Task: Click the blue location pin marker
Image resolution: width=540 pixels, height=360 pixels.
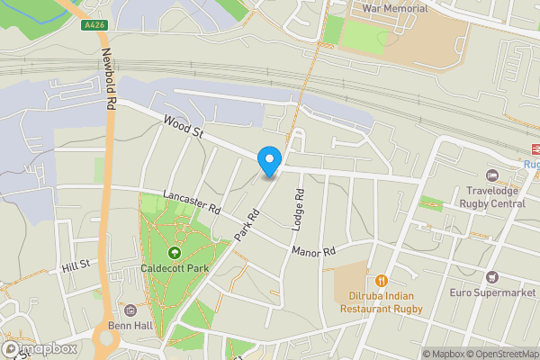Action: pyautogui.click(x=268, y=161)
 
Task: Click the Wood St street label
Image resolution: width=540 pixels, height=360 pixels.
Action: pyautogui.click(x=183, y=126)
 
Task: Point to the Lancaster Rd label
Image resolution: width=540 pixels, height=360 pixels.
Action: pyautogui.click(x=192, y=202)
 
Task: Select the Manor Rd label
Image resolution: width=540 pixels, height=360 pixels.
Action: pyautogui.click(x=312, y=250)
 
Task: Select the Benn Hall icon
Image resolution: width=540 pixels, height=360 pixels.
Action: pyautogui.click(x=132, y=310)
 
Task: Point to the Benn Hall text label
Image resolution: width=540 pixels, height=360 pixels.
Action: pyautogui.click(x=132, y=326)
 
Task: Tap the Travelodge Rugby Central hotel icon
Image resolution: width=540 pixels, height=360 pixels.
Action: pyautogui.click(x=491, y=175)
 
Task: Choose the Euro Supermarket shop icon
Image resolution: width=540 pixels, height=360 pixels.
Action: pyautogui.click(x=491, y=275)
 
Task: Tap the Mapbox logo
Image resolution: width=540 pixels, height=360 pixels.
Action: pyautogui.click(x=40, y=348)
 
